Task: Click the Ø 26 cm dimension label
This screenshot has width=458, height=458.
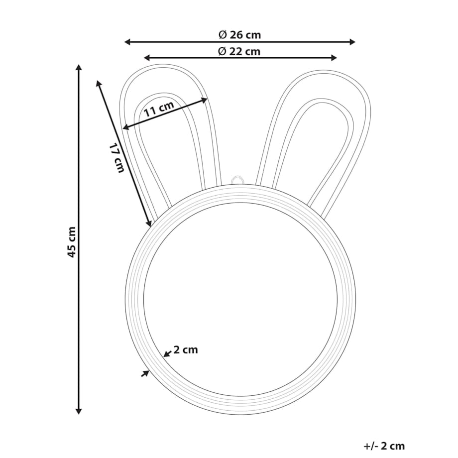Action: coord(239,35)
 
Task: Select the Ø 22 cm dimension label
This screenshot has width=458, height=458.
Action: coord(239,51)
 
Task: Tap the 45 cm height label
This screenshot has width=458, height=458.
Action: coord(72,242)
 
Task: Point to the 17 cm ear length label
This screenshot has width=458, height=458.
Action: coord(117,158)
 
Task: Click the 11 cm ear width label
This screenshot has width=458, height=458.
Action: coord(159,109)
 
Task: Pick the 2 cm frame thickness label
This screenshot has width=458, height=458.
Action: coord(186,349)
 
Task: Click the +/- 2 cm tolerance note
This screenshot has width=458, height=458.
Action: coord(384,446)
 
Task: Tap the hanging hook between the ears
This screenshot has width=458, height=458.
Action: coord(237,180)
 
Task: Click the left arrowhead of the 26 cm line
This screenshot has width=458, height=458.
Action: coord(127,42)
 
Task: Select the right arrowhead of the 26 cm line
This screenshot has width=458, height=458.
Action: coord(352,42)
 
